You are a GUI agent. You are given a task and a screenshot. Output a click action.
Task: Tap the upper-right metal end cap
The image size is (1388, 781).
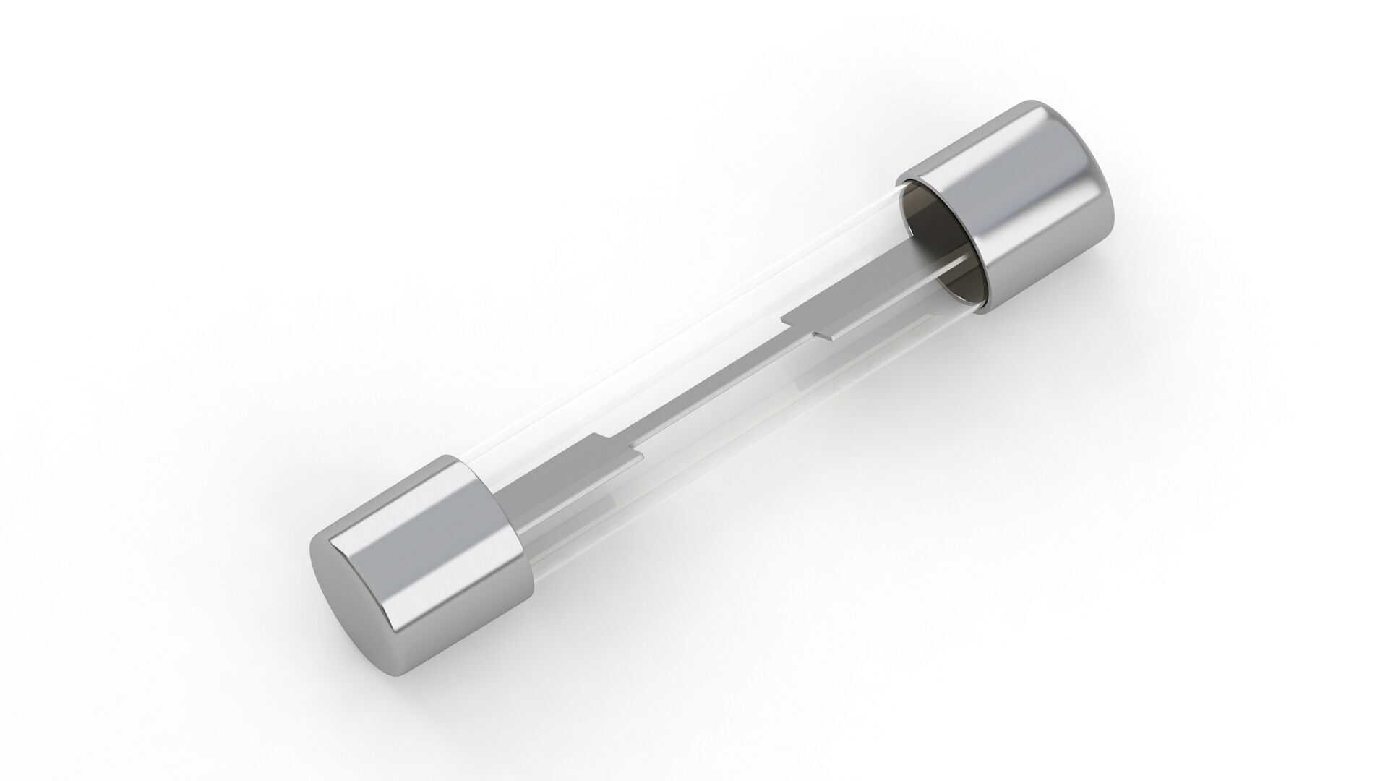(x=1012, y=217)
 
